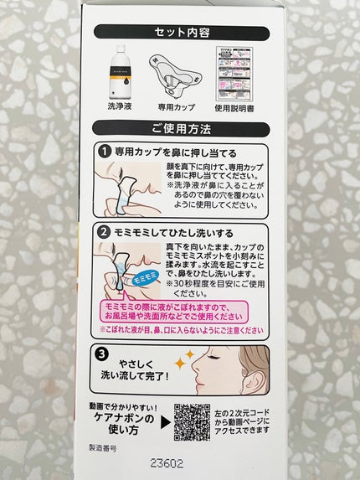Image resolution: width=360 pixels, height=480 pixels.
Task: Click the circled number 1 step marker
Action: [x=105, y=152]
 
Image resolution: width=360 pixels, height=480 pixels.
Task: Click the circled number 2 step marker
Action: [x=105, y=230]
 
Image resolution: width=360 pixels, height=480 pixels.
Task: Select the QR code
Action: [x=193, y=423]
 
